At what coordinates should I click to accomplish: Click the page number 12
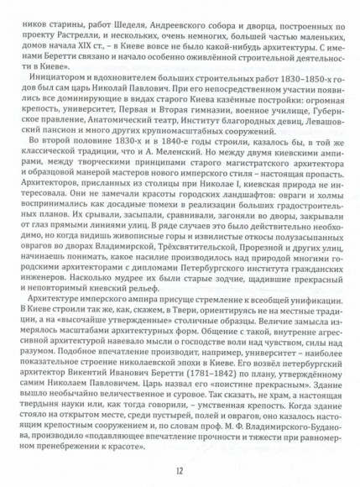click(180, 469)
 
